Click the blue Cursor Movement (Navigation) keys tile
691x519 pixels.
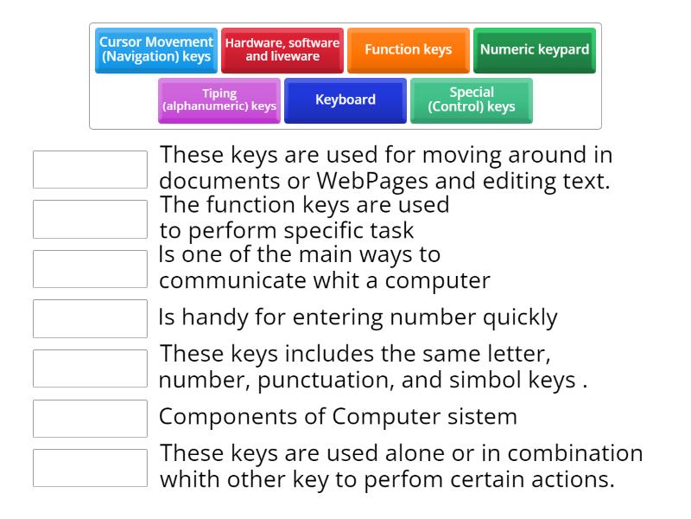156,50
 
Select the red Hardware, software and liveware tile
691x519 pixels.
282,50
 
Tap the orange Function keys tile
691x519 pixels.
408,50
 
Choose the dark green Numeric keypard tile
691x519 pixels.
534,50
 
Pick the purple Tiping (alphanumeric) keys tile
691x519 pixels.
219,100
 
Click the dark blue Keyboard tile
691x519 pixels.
345,100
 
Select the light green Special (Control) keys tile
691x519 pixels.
471,100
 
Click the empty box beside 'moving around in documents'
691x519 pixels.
90,170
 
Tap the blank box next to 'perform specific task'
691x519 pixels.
90,220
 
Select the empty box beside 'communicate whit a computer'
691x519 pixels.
90,269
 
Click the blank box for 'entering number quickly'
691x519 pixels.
90,318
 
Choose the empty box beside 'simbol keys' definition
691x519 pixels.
90,368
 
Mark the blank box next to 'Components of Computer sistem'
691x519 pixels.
90,419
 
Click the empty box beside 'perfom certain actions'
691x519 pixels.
90,468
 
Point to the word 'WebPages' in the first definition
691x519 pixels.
372,182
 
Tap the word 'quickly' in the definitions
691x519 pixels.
520,318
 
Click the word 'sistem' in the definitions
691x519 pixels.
482,417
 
